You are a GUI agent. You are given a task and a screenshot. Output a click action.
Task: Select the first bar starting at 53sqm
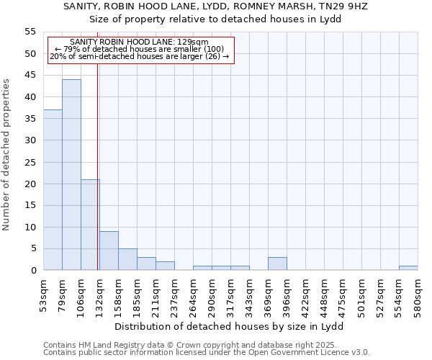pos(53,190)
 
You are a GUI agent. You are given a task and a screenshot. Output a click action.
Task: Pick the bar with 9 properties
pos(109,251)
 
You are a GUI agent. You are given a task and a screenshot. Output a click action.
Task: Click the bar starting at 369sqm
pos(277,264)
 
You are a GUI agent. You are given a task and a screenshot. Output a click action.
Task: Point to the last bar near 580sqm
pos(408,268)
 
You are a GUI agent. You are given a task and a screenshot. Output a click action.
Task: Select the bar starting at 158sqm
pos(127,259)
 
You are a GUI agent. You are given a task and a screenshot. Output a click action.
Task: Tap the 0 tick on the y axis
pos(33,271)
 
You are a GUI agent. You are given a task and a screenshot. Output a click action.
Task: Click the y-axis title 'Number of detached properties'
pos(7,155)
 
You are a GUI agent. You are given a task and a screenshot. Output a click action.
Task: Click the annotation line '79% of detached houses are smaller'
pos(140,49)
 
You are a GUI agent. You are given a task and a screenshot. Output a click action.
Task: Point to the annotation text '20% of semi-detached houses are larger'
pos(140,56)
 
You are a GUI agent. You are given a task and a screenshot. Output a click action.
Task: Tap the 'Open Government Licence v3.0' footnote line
pos(207,352)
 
